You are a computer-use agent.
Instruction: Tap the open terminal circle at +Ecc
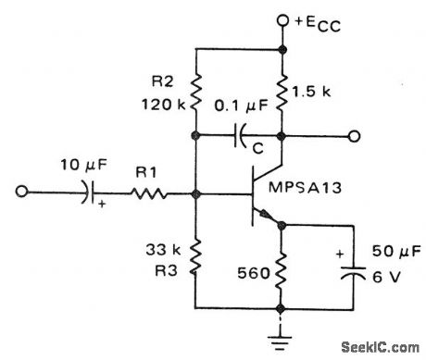(x=280, y=19)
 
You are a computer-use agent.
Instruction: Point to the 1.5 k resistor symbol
(x=280, y=93)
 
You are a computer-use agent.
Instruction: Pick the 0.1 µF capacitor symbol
(x=238, y=137)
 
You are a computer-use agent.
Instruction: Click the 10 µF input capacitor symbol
(x=90, y=194)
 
